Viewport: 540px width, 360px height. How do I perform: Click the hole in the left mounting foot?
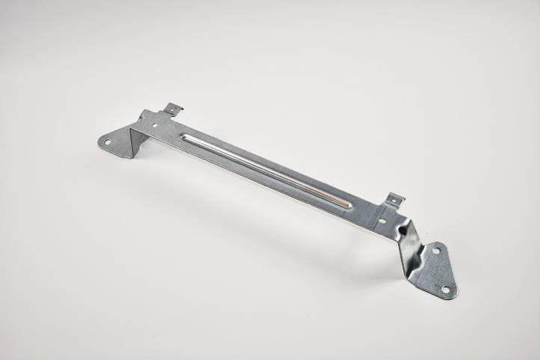tap(107, 141)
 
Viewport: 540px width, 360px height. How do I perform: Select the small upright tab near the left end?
tap(174, 110)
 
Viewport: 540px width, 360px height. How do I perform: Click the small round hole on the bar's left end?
tap(155, 126)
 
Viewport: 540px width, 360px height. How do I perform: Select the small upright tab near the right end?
tap(394, 201)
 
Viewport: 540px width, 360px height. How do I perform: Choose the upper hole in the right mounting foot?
tap(436, 251)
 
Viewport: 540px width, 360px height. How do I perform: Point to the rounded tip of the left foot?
tap(100, 140)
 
